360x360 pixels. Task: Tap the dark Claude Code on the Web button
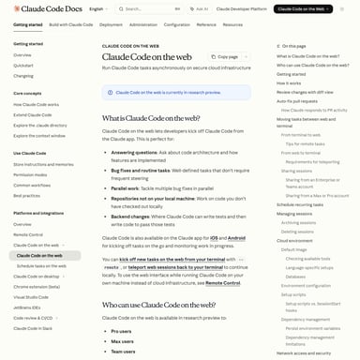tap(306, 9)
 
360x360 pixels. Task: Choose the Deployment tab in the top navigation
tap(111, 25)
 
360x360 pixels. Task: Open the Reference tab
tap(206, 25)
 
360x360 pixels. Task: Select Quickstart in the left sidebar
tap(23, 66)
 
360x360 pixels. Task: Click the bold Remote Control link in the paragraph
tap(223, 282)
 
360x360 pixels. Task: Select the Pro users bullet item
tap(122, 331)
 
